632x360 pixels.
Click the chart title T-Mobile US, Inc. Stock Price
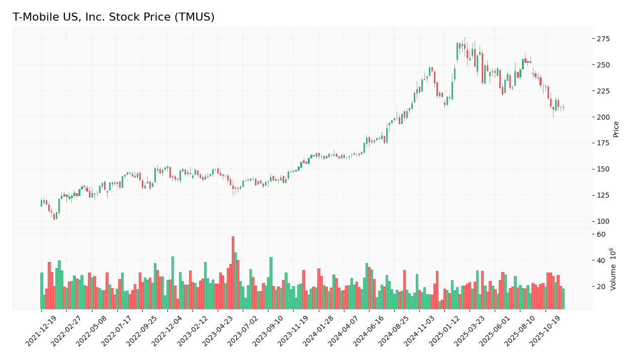[x=113, y=17]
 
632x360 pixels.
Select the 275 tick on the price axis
[x=603, y=39]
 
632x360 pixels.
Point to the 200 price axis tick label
[x=603, y=117]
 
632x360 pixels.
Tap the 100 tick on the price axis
[x=603, y=221]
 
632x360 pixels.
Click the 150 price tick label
[x=603, y=169]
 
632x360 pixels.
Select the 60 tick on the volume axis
[x=601, y=234]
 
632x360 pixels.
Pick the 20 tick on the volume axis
[x=601, y=287]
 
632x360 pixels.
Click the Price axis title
[x=616, y=129]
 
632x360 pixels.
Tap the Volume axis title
[x=613, y=268]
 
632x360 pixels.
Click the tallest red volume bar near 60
[x=233, y=273]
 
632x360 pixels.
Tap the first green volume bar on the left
[x=42, y=291]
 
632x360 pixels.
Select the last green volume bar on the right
[x=563, y=299]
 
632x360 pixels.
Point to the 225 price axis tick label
[x=603, y=91]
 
